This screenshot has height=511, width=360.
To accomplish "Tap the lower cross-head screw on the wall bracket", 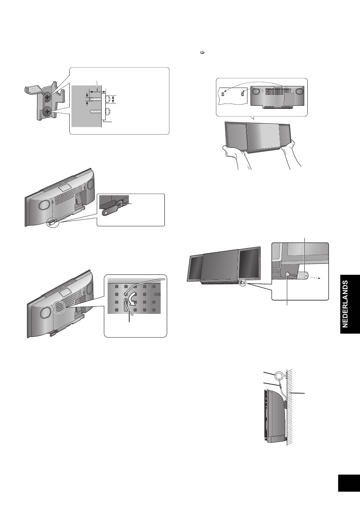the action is tap(47, 112).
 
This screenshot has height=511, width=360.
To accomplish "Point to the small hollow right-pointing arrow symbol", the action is tap(202, 53).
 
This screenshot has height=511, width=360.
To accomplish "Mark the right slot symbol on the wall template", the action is tap(243, 94).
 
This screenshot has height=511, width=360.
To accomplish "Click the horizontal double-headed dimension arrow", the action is tap(98, 91).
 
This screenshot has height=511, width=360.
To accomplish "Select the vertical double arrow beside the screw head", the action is tap(113, 99).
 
